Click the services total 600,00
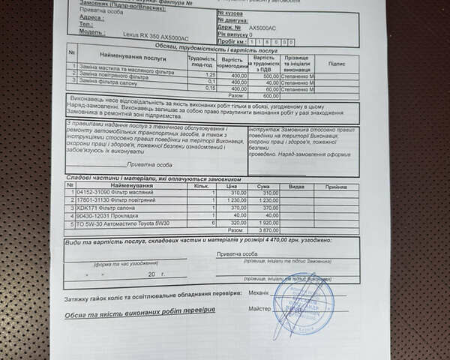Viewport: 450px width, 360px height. (x=270, y=96)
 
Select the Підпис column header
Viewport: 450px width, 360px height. (x=337, y=64)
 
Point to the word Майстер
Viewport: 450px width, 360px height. (x=258, y=308)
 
